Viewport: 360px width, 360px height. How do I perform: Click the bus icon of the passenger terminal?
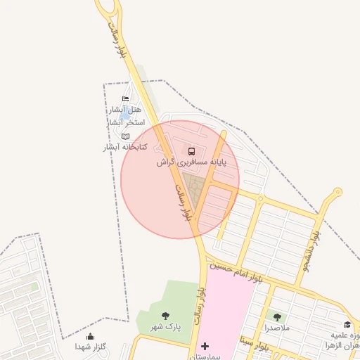tap(192, 150)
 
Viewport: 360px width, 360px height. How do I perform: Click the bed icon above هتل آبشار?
tap(126, 99)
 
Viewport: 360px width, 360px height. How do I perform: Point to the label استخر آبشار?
tap(126, 122)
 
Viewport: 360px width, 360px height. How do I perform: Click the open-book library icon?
tap(126, 136)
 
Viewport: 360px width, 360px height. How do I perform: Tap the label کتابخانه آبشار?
tap(124, 147)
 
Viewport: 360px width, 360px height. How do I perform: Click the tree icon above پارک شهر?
tap(165, 316)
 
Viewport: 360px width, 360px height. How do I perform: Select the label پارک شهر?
tap(168, 327)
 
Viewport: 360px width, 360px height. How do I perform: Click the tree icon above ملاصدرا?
tap(276, 317)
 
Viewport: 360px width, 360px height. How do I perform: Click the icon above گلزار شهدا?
tap(90, 337)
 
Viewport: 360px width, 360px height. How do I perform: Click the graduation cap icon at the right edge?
tap(347, 324)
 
